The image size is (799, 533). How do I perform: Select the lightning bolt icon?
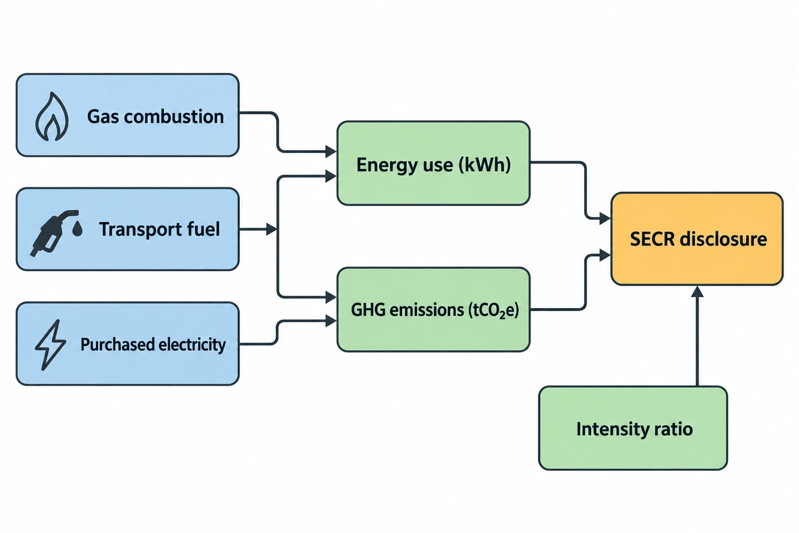point(50,345)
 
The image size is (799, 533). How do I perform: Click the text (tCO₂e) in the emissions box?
point(493,310)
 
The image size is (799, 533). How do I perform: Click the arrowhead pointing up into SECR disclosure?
point(698,291)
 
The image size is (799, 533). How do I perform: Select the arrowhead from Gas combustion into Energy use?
point(331,151)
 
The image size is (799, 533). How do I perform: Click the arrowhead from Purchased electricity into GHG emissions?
point(331,321)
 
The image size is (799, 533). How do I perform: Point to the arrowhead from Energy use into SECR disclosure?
point(605,218)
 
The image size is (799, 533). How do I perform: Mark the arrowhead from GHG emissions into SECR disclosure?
point(605,255)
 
